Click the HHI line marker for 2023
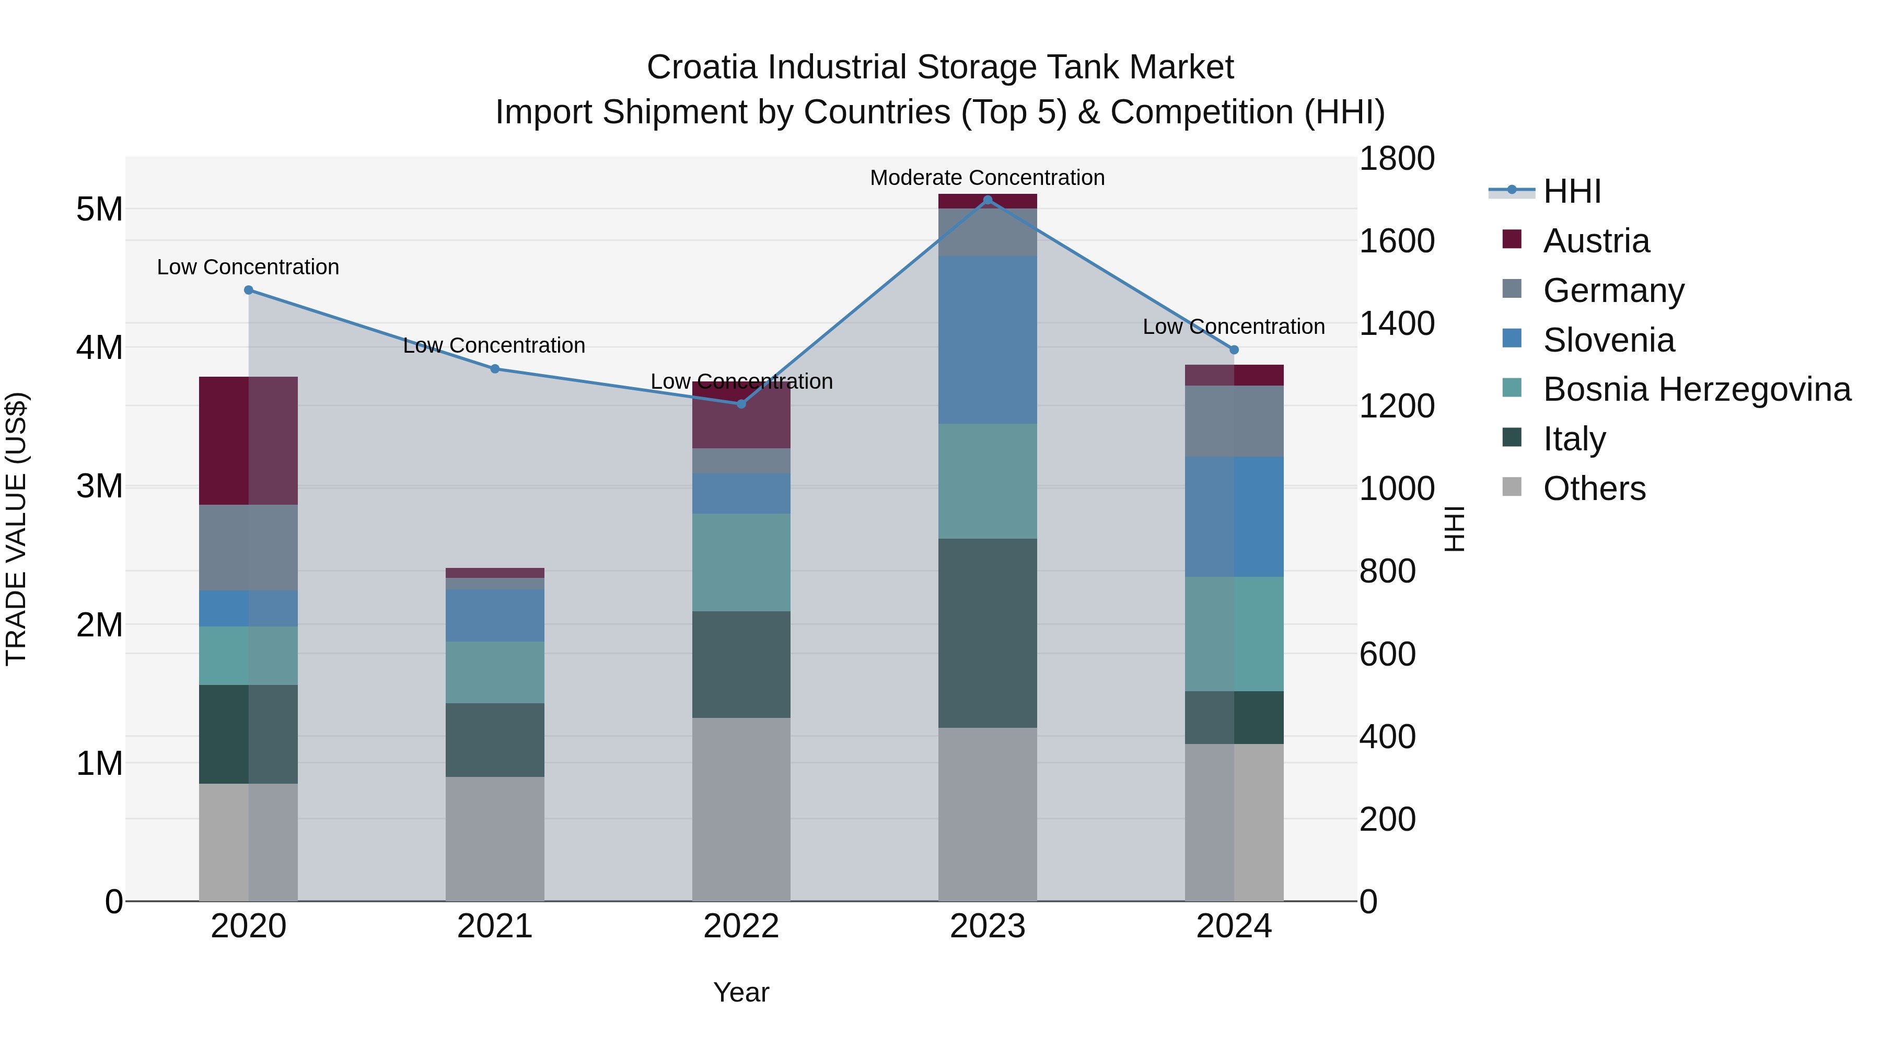987,200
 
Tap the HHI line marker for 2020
248,290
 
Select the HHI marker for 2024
1234,350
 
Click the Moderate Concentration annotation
986,178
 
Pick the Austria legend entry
1596,241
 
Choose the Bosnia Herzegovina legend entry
1696,389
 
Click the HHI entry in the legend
1571,191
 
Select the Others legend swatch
1512,487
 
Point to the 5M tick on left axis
99,210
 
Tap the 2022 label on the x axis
740,926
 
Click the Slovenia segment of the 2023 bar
987,340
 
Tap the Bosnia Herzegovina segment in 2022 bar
740,562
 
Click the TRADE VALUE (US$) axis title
16,529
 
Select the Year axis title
740,992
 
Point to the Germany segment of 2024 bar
1234,421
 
